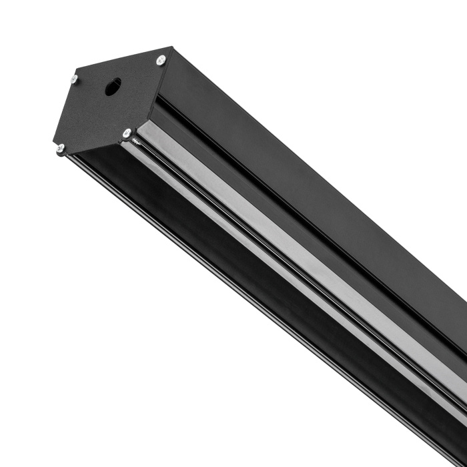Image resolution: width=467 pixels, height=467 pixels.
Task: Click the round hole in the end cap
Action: (x=113, y=86)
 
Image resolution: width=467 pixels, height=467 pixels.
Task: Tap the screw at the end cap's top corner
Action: (x=161, y=60)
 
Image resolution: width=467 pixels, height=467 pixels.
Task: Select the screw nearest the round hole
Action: (x=73, y=79)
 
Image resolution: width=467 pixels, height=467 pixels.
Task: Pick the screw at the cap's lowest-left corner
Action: (x=60, y=148)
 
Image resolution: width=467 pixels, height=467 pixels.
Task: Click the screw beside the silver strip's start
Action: (x=127, y=133)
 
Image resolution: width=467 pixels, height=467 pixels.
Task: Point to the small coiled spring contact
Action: (x=135, y=140)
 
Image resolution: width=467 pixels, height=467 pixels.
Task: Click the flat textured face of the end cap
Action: (x=100, y=113)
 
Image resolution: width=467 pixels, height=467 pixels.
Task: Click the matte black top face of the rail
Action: (x=300, y=180)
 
